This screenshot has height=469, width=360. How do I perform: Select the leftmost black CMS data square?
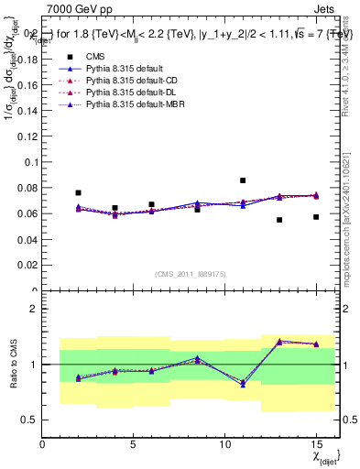point(78,193)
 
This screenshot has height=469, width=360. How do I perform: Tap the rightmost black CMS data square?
point(316,217)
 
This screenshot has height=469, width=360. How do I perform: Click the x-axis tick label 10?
point(224,445)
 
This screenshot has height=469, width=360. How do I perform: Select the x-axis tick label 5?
point(134,445)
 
